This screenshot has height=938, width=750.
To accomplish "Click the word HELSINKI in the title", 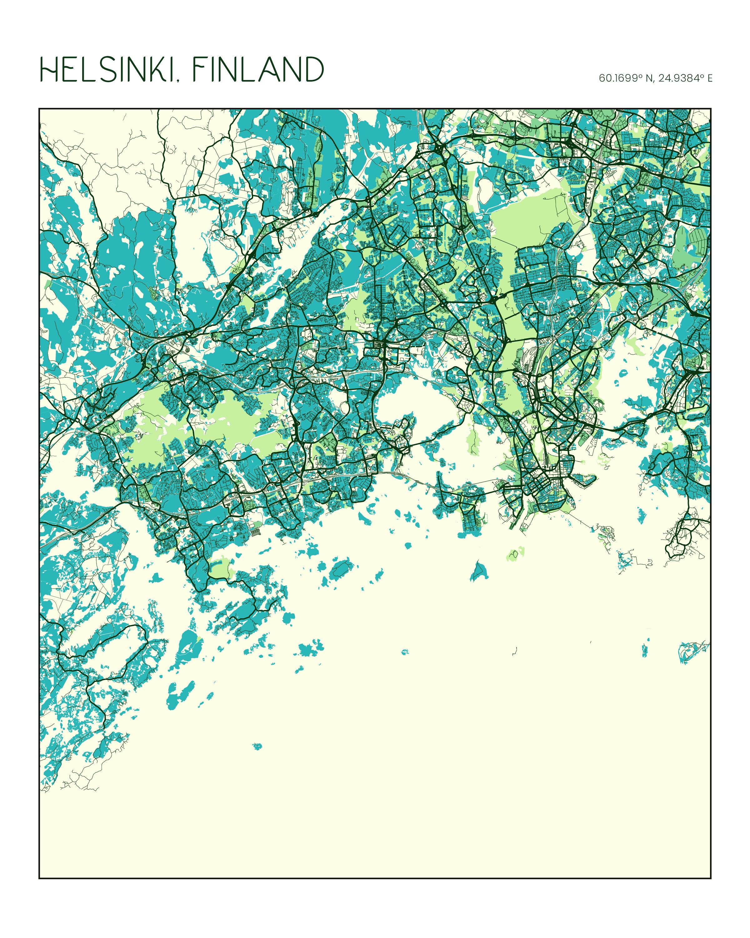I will coord(107,70).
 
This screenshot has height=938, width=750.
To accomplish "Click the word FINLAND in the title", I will coord(258,70).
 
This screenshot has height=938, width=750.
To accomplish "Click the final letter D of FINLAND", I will coord(314,70).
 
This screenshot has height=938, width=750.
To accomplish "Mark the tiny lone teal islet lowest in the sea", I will coord(257,746).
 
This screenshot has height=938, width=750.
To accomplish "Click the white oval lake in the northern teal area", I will coord(484,190).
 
